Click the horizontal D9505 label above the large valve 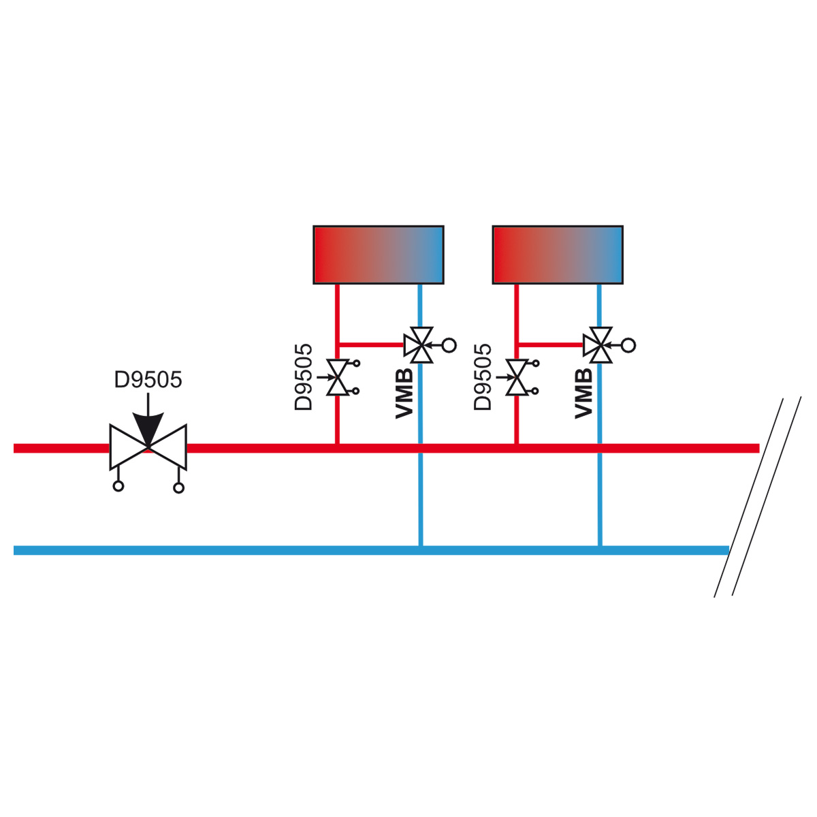148,380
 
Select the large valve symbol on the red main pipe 148,447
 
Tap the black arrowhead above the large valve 148,428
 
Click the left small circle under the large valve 118,486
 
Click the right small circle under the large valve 178,488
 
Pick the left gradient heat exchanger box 378,255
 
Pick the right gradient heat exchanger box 558,255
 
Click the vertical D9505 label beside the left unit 303,377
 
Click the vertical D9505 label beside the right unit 483,377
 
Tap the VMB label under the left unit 404,394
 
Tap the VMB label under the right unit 583,394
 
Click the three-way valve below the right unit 598,345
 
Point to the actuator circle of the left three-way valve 449,345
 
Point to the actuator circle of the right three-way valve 628,345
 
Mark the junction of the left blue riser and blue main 421,550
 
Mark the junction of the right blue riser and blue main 600,550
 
